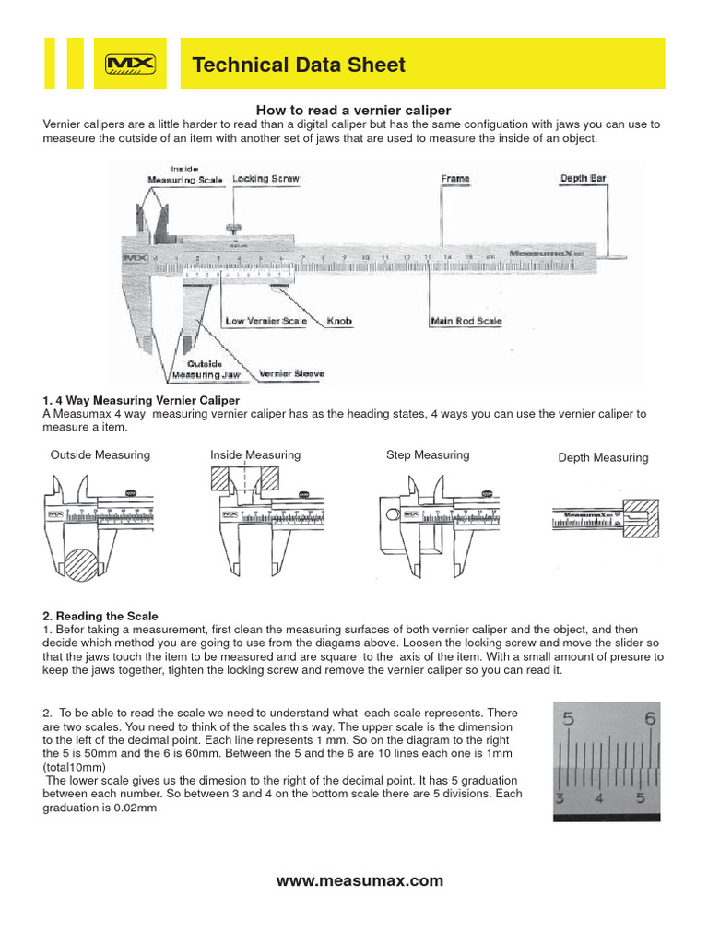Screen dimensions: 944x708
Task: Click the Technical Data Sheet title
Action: (x=299, y=65)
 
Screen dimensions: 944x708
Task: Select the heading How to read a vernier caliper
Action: (x=353, y=110)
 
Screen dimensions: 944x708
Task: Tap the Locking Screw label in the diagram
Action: (x=265, y=178)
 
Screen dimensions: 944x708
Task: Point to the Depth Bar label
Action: (x=583, y=178)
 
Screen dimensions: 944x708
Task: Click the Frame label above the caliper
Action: (x=454, y=178)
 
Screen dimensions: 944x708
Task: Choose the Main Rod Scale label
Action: (x=466, y=321)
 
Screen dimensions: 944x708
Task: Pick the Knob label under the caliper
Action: (x=339, y=321)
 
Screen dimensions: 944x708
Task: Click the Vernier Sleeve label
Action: (x=292, y=373)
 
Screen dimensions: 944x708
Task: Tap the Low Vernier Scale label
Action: (x=265, y=321)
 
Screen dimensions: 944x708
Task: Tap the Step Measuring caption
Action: (x=427, y=454)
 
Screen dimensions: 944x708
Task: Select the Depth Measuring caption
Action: (x=603, y=457)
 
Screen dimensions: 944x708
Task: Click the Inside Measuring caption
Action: (x=255, y=454)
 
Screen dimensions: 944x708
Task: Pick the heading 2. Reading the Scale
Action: (x=100, y=616)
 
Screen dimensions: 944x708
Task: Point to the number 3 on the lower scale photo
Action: (x=560, y=797)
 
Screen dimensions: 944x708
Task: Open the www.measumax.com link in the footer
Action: (x=360, y=880)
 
